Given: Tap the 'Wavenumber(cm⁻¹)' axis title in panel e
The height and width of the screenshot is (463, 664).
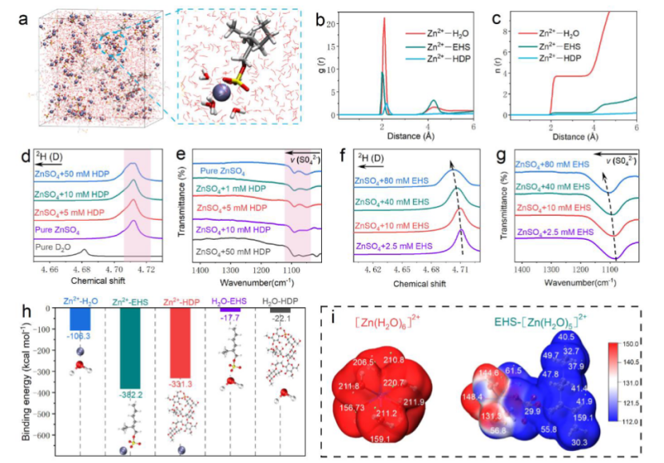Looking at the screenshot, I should [257, 282].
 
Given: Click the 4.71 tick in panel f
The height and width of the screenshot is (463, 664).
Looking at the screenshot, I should [461, 272].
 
